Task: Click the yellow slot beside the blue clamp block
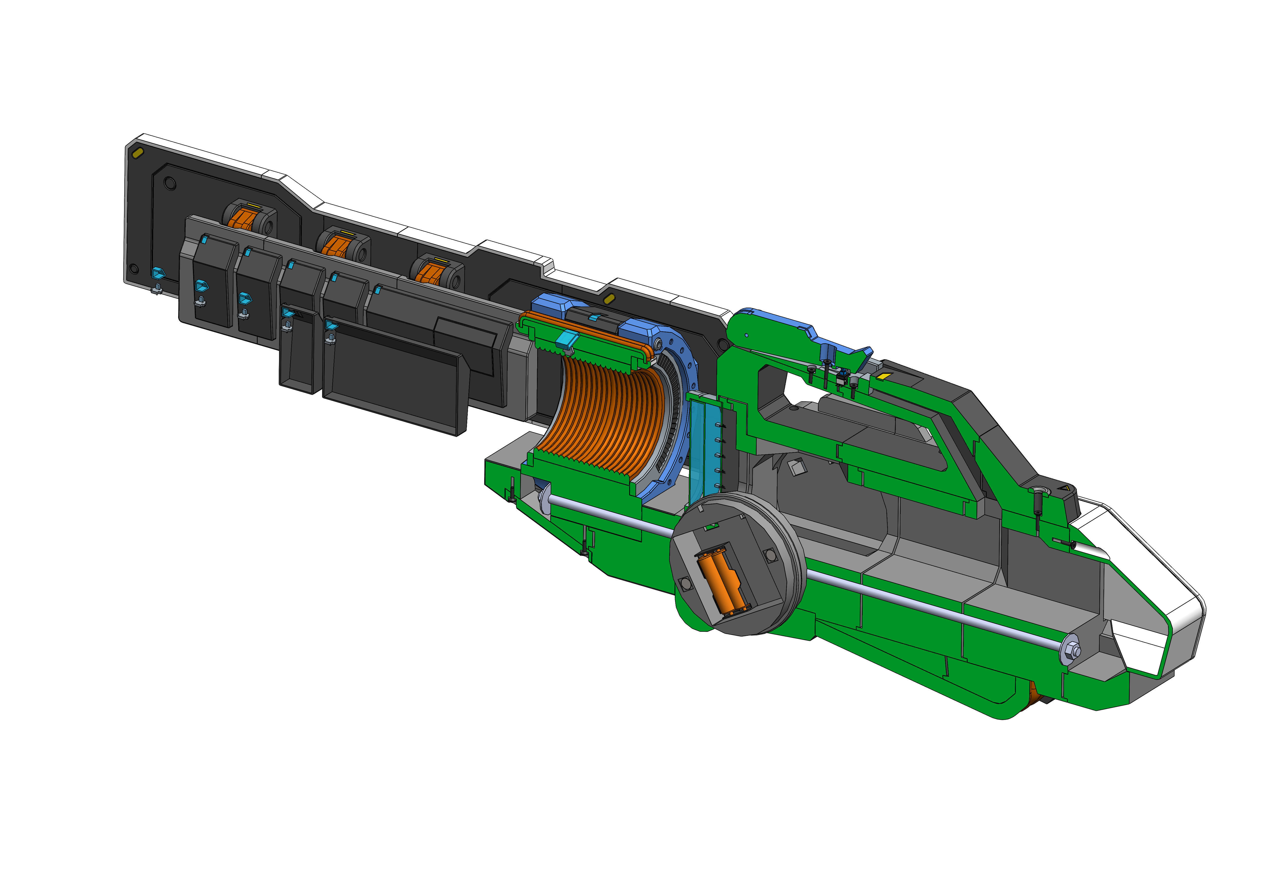608,299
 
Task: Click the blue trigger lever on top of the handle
842,347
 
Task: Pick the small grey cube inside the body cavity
797,468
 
